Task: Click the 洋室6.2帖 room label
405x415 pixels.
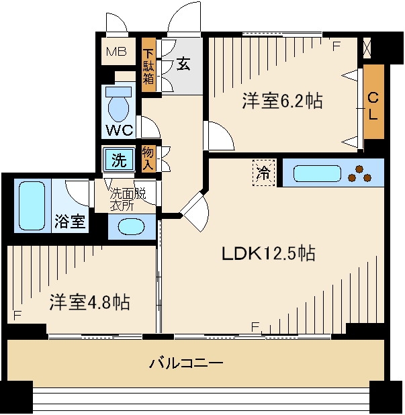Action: [x=282, y=101]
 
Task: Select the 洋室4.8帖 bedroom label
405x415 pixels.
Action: [x=89, y=302]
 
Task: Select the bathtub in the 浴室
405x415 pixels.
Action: [x=30, y=205]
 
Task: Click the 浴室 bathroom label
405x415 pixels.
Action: [x=70, y=222]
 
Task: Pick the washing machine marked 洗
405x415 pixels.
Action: [x=119, y=160]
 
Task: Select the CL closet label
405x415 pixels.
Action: [x=373, y=105]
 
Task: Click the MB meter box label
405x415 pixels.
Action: [x=118, y=51]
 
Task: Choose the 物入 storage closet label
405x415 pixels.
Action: [x=148, y=159]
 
